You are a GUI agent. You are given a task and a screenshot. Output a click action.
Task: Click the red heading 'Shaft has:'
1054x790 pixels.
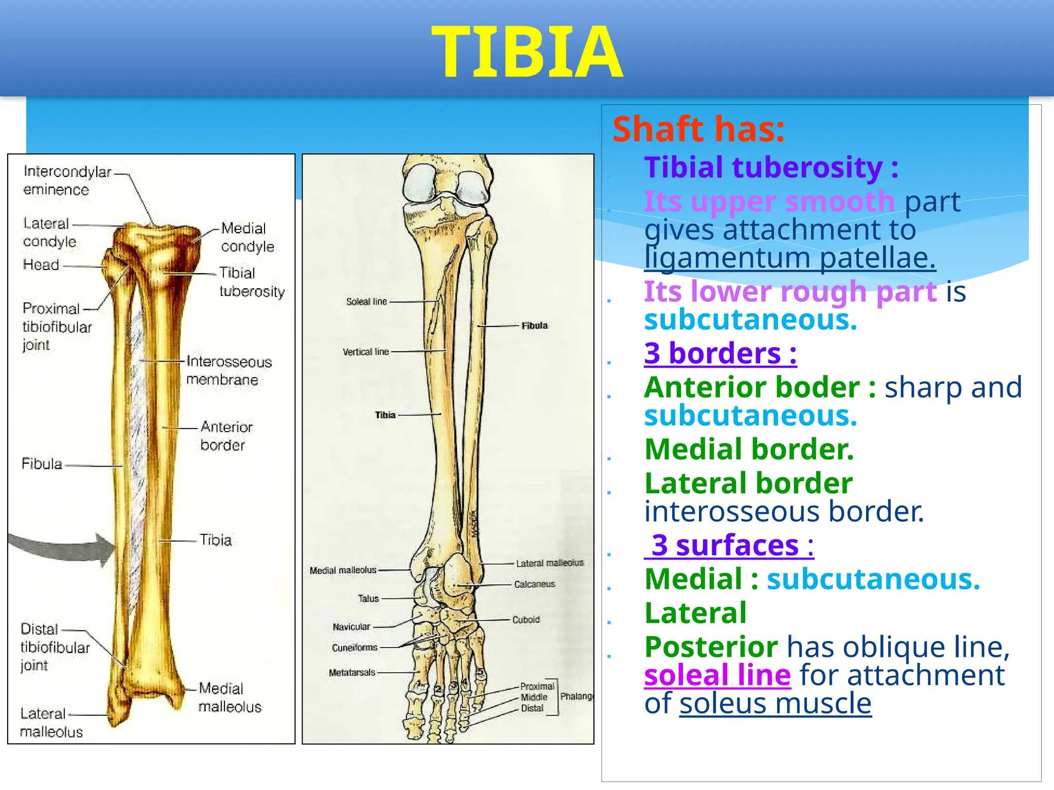click(x=698, y=129)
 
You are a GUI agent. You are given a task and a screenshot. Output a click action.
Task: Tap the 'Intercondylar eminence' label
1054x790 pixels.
click(x=67, y=181)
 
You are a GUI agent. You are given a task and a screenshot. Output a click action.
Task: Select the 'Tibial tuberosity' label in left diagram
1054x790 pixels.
click(x=252, y=282)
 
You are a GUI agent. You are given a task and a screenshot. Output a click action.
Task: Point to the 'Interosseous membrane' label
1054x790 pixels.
click(x=229, y=370)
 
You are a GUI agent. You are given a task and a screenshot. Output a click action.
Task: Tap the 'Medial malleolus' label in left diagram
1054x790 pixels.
click(x=230, y=697)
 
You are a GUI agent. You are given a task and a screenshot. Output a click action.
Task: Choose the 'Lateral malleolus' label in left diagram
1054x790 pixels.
click(x=51, y=722)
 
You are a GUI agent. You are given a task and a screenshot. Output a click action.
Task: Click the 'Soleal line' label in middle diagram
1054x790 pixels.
click(x=366, y=302)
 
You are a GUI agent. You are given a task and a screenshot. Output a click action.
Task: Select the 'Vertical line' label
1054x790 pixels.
click(x=365, y=352)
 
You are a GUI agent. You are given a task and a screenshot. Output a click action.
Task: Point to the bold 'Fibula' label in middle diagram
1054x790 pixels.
click(x=534, y=326)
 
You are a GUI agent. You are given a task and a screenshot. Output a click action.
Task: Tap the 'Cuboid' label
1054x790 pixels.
click(x=525, y=620)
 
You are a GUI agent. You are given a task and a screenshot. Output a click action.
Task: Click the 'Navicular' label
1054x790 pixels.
click(x=351, y=627)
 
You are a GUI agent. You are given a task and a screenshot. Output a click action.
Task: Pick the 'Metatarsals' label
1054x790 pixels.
click(x=352, y=672)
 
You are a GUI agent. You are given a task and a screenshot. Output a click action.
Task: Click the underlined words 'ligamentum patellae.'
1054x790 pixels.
click(x=789, y=258)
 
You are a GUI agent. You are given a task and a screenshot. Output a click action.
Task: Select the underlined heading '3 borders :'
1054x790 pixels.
click(x=720, y=353)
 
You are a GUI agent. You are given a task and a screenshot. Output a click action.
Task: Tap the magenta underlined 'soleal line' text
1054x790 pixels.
click(x=717, y=675)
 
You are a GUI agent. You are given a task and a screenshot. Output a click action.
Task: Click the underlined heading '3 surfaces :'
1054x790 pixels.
click(x=729, y=545)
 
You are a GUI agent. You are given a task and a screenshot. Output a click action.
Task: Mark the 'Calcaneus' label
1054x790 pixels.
click(x=534, y=584)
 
